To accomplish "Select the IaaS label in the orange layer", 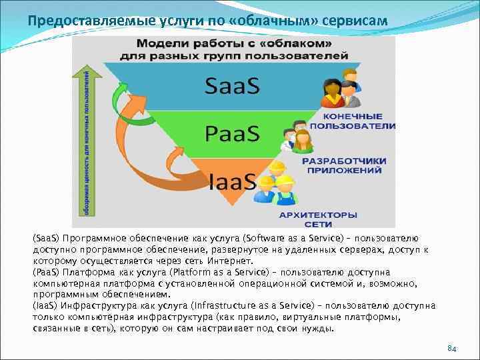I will tap(233, 181).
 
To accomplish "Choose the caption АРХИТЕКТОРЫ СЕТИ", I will tap(318, 219).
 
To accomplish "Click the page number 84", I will tap(451, 349).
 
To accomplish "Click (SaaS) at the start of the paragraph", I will tap(46, 238).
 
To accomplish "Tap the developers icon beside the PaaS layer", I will tap(297, 139).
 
